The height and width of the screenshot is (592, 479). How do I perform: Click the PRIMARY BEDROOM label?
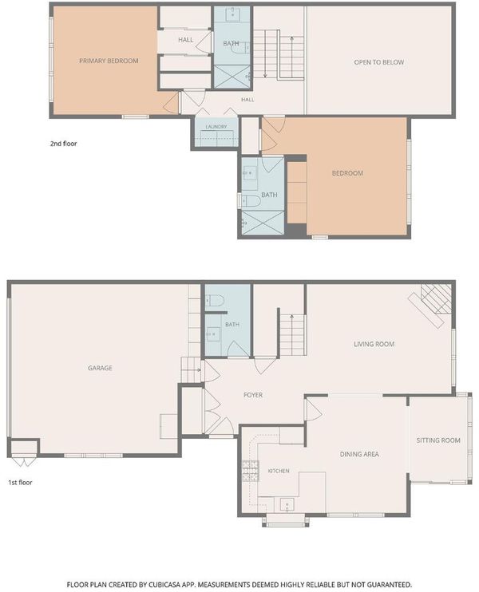point(109,61)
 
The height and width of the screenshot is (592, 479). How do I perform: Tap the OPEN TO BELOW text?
point(379,62)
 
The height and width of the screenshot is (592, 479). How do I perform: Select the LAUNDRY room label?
point(216,127)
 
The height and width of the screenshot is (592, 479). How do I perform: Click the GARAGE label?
point(100,368)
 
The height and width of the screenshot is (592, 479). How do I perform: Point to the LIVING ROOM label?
point(374,344)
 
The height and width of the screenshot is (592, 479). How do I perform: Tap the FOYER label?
point(253,395)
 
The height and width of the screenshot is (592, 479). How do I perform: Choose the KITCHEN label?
point(279,471)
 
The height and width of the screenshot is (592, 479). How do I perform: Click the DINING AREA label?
point(359,454)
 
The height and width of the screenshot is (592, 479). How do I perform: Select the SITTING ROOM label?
point(438,440)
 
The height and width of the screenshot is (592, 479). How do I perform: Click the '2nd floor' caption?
point(63,144)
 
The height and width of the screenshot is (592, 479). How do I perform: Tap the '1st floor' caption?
point(21,483)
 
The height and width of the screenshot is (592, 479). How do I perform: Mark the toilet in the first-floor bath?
point(215,301)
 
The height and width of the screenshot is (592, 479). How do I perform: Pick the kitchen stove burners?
point(251,472)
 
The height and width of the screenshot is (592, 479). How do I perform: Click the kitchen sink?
point(287,504)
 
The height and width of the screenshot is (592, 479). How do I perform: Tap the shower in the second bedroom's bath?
point(263,223)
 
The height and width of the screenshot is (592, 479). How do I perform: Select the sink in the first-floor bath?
point(213,334)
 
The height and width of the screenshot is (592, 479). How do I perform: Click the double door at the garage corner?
point(23,462)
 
